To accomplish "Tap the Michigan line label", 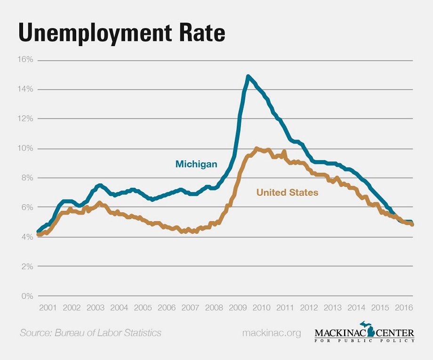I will coord(196,164).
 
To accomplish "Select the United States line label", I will coord(287,192).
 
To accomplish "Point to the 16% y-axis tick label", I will coord(26,60).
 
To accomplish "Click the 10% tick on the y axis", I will coord(26,149).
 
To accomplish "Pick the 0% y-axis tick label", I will coord(27,296).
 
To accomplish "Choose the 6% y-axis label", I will coord(27,208).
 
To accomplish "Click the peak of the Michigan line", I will coord(248,76).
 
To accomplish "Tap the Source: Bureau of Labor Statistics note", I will coord(90,333).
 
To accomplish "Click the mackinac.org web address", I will coord(271,333).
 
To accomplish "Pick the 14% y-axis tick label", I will coord(26,89).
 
